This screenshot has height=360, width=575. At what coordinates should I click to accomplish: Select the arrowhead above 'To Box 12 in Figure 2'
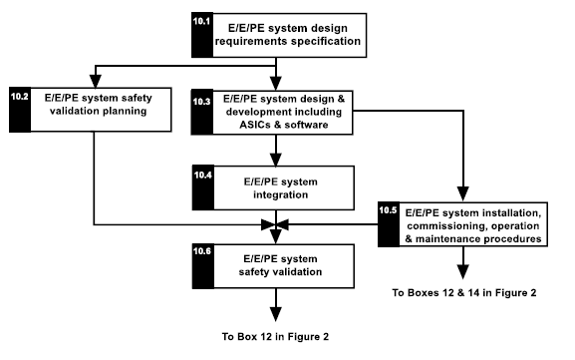(x=276, y=312)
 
